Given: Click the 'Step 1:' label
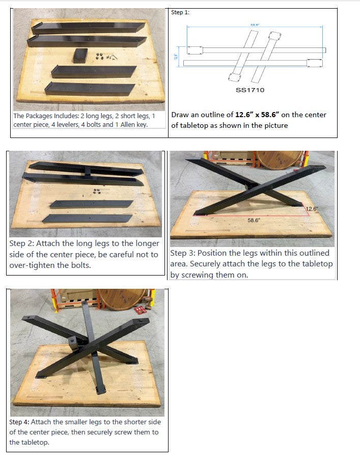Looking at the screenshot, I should [x=180, y=12].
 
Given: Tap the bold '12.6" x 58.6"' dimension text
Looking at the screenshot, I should [x=257, y=115].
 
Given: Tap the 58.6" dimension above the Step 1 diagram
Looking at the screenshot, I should [x=255, y=24].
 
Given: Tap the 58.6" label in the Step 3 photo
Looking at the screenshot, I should [x=254, y=220].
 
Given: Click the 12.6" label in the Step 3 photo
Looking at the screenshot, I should [x=312, y=209].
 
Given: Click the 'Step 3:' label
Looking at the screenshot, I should [x=183, y=253].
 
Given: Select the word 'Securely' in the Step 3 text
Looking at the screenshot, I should [x=208, y=264].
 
